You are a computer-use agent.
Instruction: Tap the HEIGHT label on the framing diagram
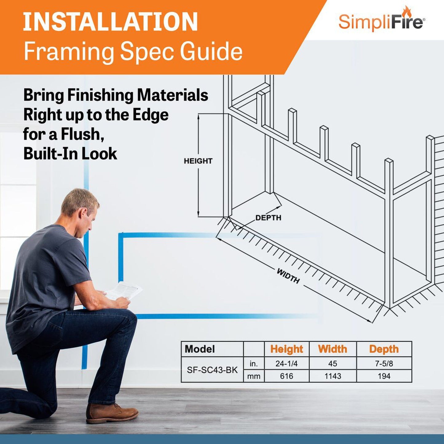[x=198, y=161]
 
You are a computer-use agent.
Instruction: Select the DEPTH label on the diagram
[x=268, y=218]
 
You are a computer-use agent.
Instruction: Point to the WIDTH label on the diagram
[x=288, y=276]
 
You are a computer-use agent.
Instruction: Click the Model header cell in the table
[x=200, y=349]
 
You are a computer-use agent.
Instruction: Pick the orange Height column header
[x=286, y=349]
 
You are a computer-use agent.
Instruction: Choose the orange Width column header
[x=332, y=349]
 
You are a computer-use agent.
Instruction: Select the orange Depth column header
[x=384, y=349]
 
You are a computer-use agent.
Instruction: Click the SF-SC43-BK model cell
[x=212, y=370]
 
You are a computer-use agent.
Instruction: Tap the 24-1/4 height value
[x=286, y=364]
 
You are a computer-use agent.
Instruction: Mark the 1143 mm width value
[x=333, y=376]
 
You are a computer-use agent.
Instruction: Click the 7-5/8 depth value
[x=384, y=364]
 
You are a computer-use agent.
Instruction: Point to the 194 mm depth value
[x=384, y=376]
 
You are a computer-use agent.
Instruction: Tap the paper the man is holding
[x=124, y=290]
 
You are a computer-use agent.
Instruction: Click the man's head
[x=81, y=208]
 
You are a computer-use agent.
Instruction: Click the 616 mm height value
[x=286, y=376]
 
